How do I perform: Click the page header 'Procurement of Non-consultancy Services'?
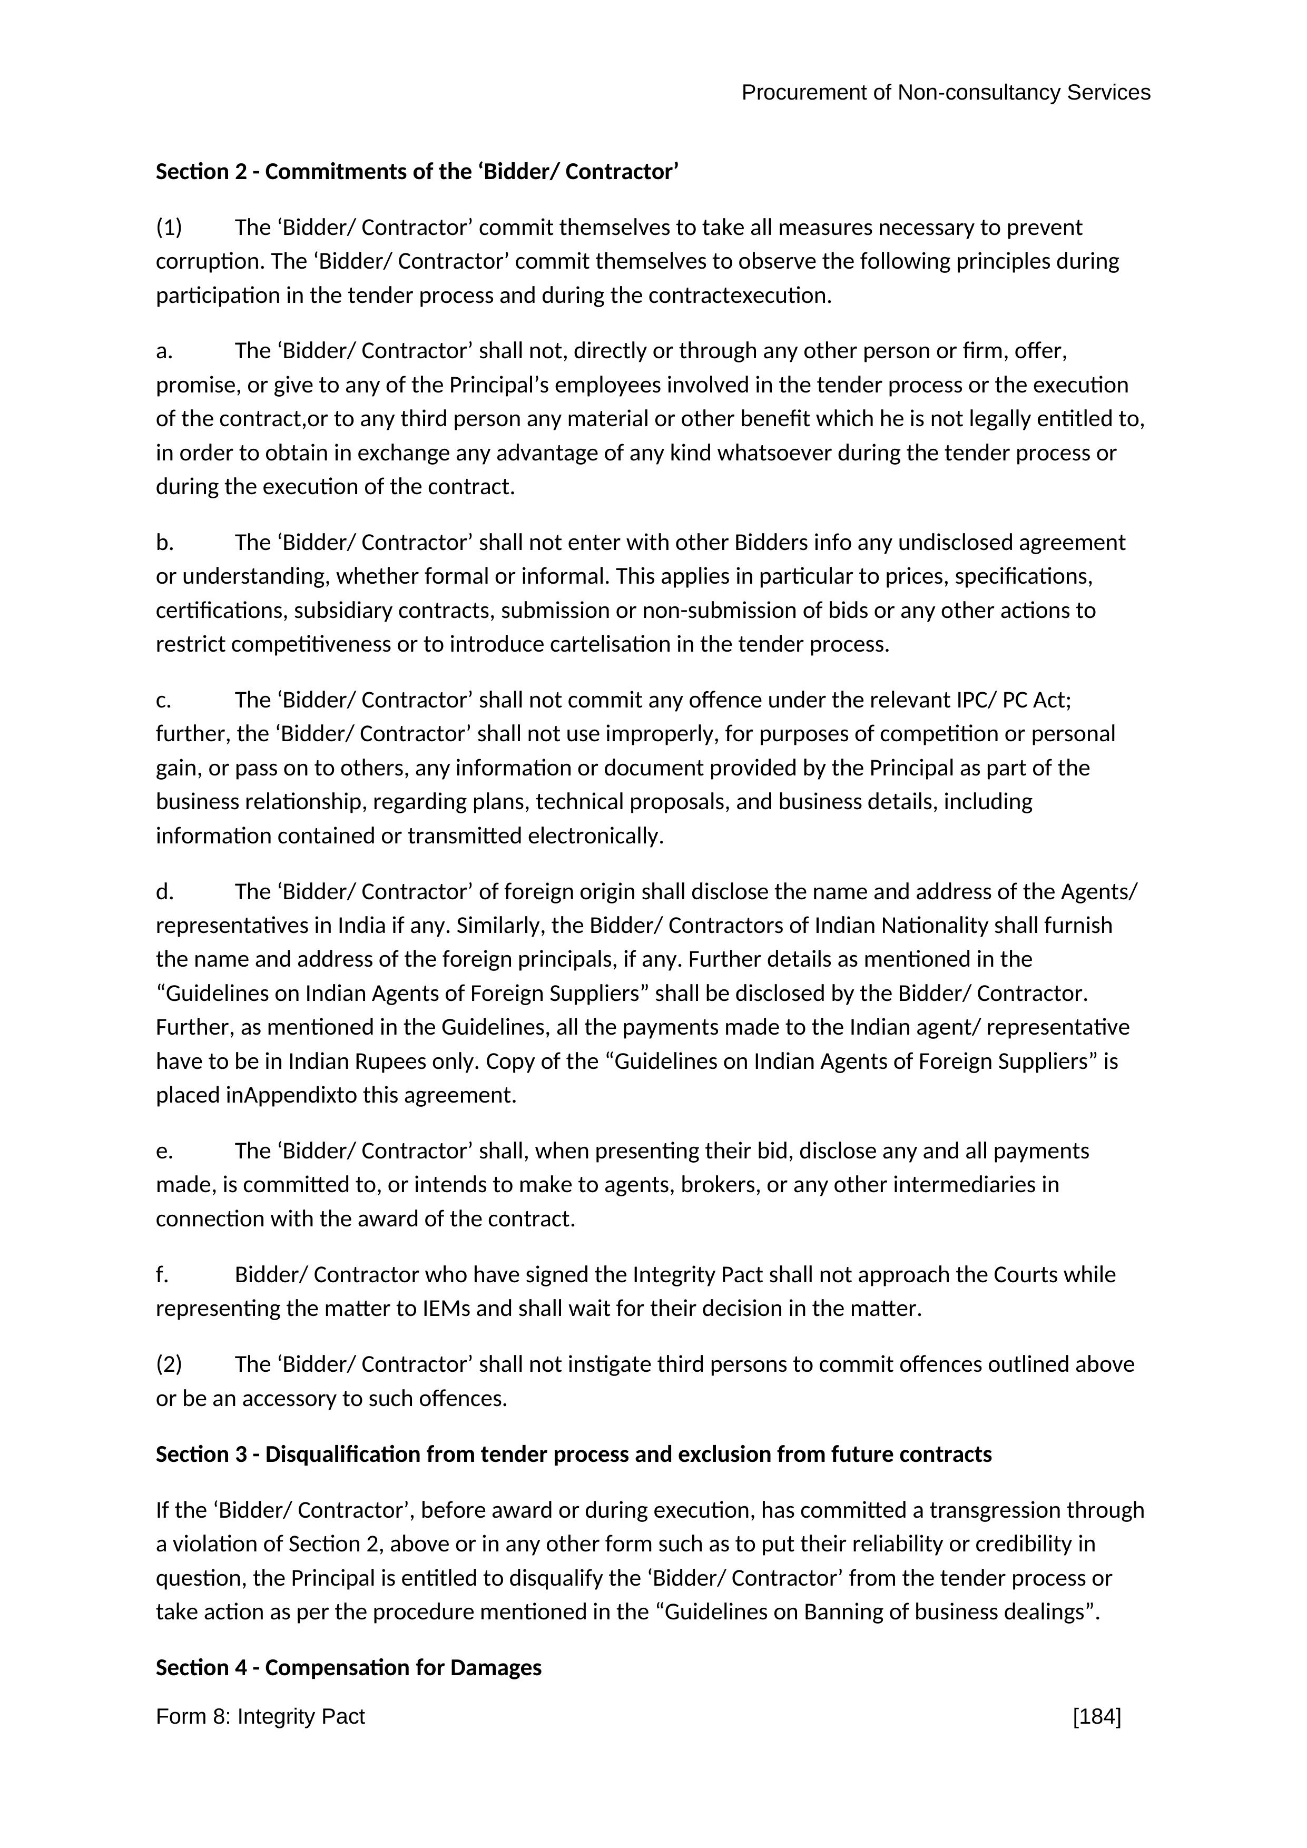945,93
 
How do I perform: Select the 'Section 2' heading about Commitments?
417,172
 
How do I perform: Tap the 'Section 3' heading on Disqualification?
573,1454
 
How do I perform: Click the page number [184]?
1096,1717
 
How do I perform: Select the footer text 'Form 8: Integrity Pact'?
260,1717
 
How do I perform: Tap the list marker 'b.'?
164,543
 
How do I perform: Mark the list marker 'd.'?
164,892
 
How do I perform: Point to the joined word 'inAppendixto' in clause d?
291,1095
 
